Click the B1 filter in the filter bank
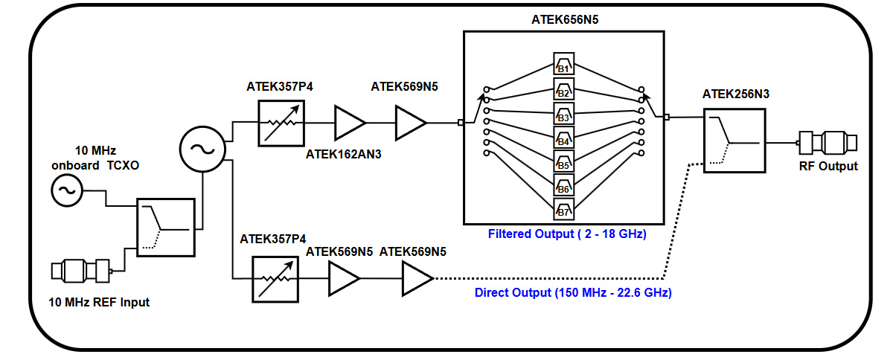[563, 64]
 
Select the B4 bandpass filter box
[563, 138]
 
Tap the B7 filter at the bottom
[563, 210]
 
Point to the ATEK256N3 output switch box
[734, 140]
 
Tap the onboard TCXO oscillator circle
[65, 191]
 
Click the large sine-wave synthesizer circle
[202, 147]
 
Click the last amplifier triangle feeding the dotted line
[417, 278]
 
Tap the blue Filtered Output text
[567, 234]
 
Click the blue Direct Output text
[573, 293]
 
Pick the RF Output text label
[828, 166]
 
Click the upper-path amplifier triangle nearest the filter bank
[410, 122]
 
